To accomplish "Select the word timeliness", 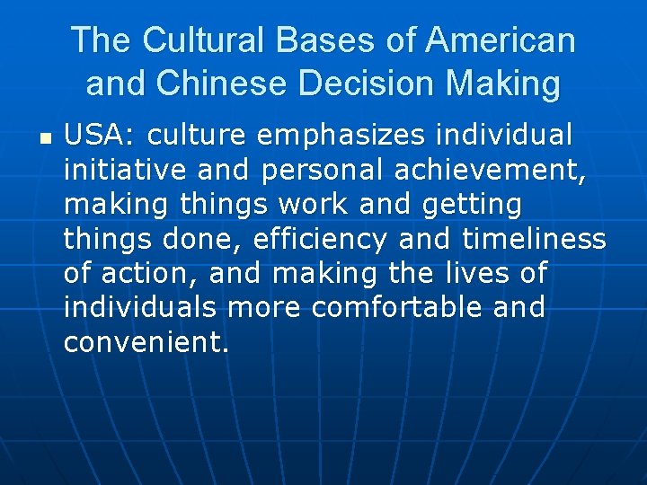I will pyautogui.click(x=534, y=238).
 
